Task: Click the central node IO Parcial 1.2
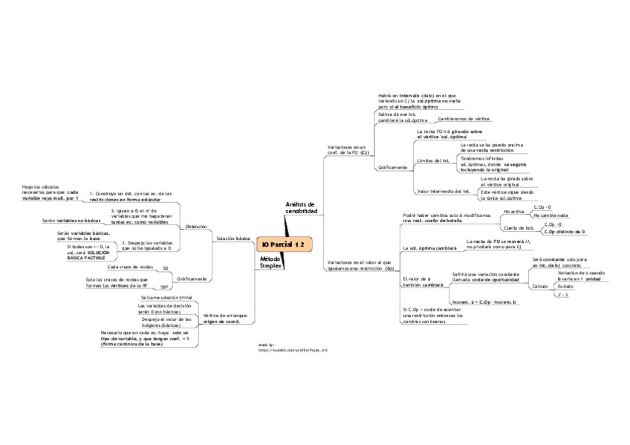click(283, 244)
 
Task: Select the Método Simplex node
click(271, 262)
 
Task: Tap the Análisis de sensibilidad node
click(301, 208)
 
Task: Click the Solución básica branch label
click(233, 238)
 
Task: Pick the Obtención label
click(196, 226)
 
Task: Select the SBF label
click(165, 286)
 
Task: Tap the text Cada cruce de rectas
click(130, 266)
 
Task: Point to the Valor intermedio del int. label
click(444, 192)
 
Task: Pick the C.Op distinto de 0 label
click(564, 232)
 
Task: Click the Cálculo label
click(540, 285)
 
